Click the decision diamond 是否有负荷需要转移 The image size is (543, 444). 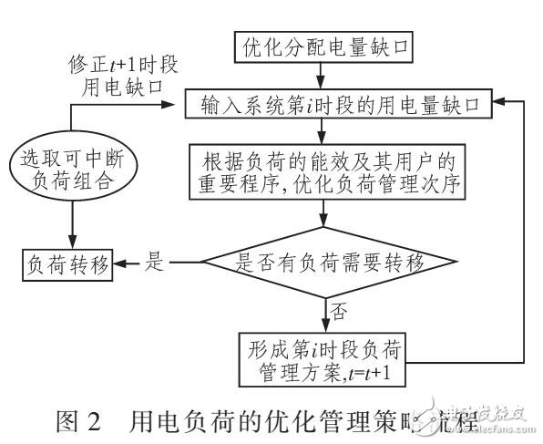[329, 264]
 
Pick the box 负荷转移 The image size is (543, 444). [67, 265]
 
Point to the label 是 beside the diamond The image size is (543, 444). [155, 264]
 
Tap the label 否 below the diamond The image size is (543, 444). [340, 314]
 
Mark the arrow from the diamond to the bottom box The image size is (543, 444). [323, 315]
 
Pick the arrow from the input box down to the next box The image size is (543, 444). [323, 132]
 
